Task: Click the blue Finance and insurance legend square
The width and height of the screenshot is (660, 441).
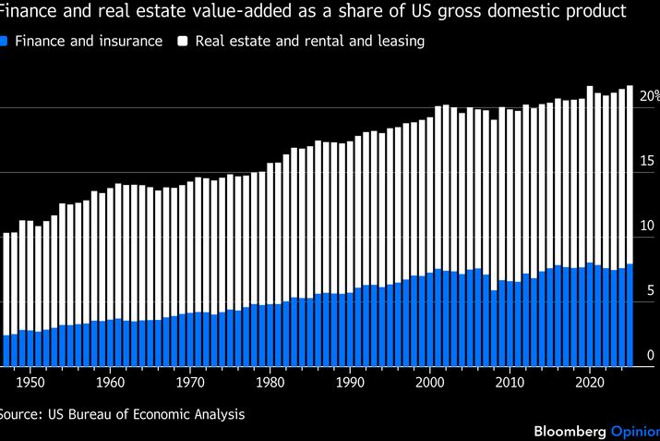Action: pyautogui.click(x=6, y=42)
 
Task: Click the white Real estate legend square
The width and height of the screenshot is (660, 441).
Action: pyautogui.click(x=184, y=42)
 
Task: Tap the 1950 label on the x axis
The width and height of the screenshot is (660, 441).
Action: pyautogui.click(x=30, y=381)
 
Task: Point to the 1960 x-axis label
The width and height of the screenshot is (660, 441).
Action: pyautogui.click(x=110, y=381)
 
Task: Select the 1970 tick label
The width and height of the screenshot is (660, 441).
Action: pyautogui.click(x=190, y=381)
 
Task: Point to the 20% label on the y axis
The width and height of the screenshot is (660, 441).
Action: pyautogui.click(x=649, y=96)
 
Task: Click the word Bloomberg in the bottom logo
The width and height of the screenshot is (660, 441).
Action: pyautogui.click(x=570, y=431)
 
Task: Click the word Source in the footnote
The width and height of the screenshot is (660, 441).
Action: pyautogui.click(x=21, y=414)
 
